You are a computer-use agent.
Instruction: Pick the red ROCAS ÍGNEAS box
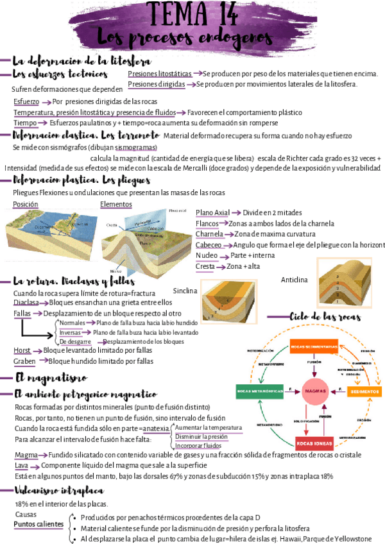(314, 442)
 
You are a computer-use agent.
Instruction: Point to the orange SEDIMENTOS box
(364, 391)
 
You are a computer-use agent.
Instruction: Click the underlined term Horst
(22, 351)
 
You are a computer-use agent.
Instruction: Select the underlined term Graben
(24, 361)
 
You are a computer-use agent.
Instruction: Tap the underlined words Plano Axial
(212, 213)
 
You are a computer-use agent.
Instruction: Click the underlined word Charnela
(209, 234)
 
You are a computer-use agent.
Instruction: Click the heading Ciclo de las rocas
(325, 317)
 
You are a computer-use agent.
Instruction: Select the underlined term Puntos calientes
(39, 525)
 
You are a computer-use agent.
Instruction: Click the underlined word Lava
(21, 465)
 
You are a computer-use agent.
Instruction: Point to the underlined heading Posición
(26, 205)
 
